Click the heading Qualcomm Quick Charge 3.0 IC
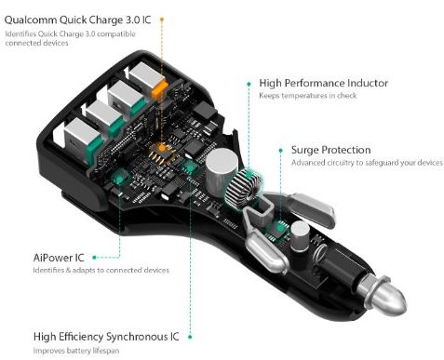77,20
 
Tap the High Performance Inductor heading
324,83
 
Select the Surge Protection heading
330,150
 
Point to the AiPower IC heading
59,258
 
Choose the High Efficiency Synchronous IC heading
106,337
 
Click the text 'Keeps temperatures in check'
308,96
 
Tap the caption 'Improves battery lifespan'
76,351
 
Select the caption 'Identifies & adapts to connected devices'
101,270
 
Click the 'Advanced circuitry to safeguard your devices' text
367,163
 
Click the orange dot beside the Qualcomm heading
162,20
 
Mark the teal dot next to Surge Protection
281,151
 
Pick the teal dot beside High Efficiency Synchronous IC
190,337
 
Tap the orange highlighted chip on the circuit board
161,149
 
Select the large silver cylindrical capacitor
222,171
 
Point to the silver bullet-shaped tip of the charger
384,295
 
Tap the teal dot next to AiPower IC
94,258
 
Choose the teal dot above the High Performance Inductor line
249,84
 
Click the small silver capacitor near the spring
300,235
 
